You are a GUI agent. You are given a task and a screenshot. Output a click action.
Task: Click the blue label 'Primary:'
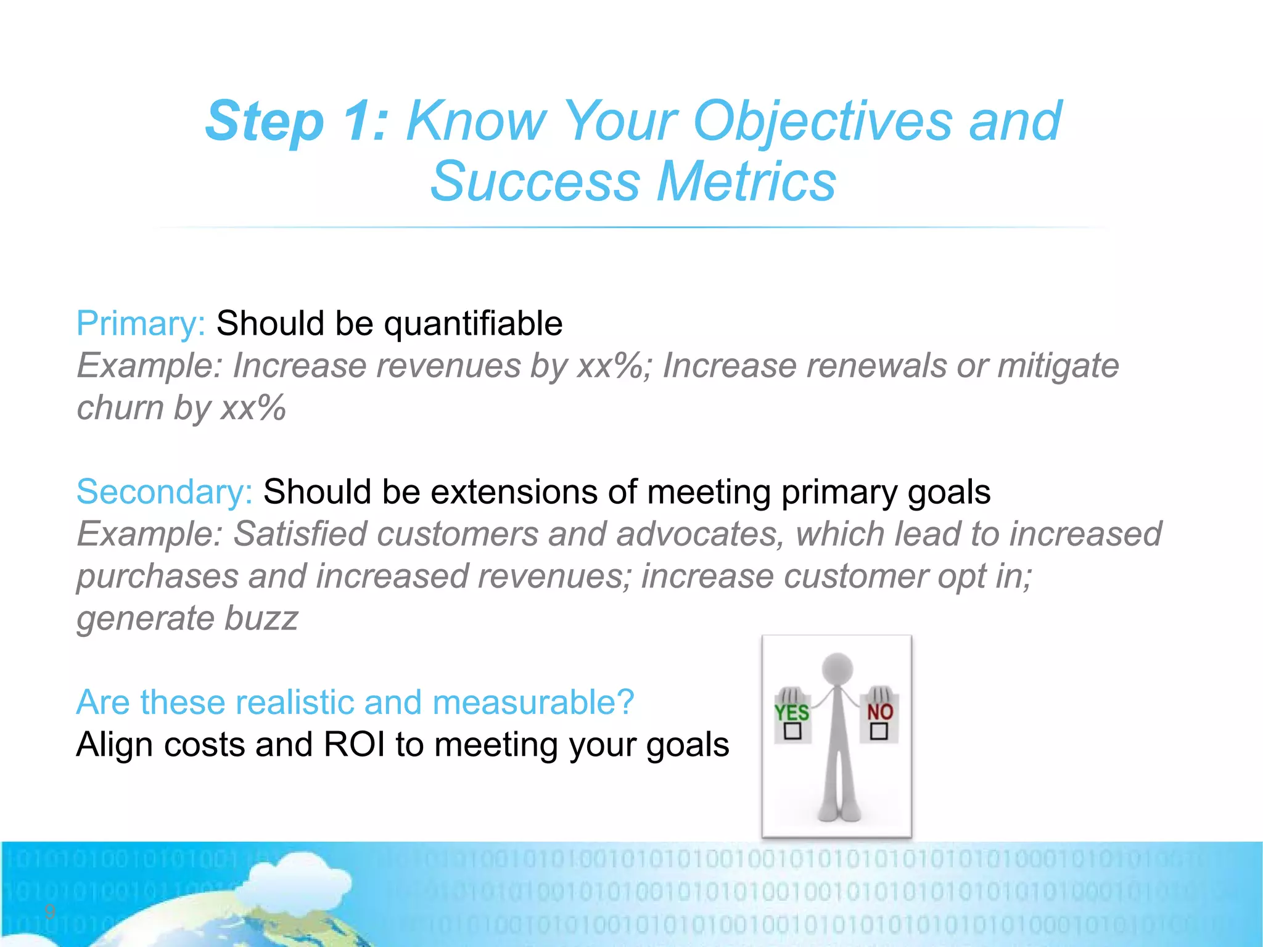point(141,324)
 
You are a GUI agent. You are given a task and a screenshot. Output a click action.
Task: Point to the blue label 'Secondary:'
point(164,492)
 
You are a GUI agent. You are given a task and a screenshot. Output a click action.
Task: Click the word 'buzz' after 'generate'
point(261,618)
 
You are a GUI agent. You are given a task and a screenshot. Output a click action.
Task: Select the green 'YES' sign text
point(791,713)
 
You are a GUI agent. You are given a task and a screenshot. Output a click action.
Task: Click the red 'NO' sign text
point(879,712)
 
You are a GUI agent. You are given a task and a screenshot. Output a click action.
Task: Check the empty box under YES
point(792,732)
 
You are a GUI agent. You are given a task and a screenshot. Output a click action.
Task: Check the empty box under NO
point(878,732)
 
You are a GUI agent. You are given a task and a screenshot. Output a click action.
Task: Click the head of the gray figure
point(837,669)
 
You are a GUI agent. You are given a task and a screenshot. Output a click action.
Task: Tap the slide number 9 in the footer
point(50,911)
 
